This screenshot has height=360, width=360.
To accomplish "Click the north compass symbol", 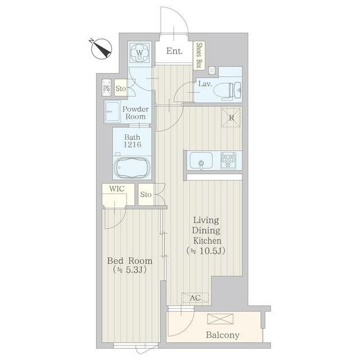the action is [x=101, y=49].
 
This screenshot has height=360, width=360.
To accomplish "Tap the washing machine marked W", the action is [x=139, y=52].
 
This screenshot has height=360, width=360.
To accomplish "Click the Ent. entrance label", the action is [x=174, y=51].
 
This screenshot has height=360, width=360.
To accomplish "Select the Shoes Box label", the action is [x=199, y=55].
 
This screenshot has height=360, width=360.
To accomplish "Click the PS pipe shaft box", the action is [x=106, y=88].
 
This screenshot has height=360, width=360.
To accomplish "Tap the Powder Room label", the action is [x=136, y=112].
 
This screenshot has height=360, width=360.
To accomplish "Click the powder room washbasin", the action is [x=112, y=111].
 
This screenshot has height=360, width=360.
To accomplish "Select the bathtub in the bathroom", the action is [x=133, y=168].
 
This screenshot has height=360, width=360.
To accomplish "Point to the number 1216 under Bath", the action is [x=132, y=145].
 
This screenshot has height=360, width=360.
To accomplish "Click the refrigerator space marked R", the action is [x=231, y=118].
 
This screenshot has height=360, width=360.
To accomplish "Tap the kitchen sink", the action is [x=201, y=160].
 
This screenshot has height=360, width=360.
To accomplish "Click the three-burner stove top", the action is [x=228, y=160].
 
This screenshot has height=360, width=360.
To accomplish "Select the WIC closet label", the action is [x=117, y=189].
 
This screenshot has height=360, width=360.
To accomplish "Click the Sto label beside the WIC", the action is [x=146, y=195].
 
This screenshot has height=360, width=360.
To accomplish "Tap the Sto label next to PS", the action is [x=120, y=88].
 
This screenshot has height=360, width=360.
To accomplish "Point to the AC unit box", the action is [x=195, y=298].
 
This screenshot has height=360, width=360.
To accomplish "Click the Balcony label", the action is [x=223, y=335].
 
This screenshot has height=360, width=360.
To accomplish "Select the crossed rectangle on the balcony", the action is [x=220, y=319].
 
